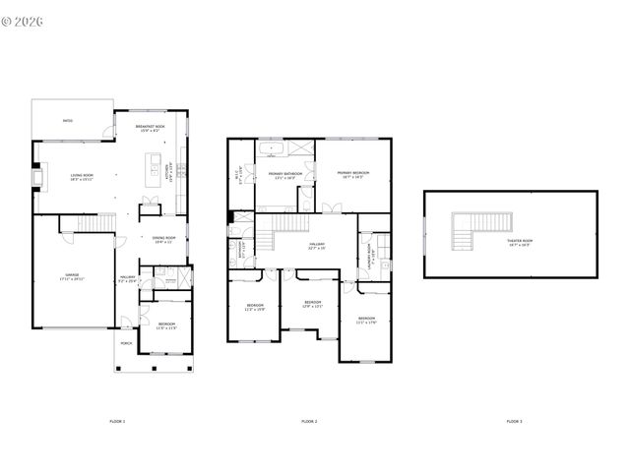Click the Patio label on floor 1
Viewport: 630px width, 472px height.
(68, 121)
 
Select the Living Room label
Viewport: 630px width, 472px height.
(81, 178)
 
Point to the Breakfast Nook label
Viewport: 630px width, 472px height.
(150, 128)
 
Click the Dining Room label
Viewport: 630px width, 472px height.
(163, 239)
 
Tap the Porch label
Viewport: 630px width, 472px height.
(126, 343)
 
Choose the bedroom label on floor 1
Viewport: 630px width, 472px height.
(166, 324)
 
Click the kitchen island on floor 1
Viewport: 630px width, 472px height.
(155, 174)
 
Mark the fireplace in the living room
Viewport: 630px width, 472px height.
(38, 177)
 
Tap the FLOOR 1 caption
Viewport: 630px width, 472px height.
(117, 421)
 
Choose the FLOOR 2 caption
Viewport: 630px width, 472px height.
(309, 421)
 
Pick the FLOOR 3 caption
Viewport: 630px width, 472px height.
(514, 421)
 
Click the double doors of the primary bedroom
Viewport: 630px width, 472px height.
(331, 206)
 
